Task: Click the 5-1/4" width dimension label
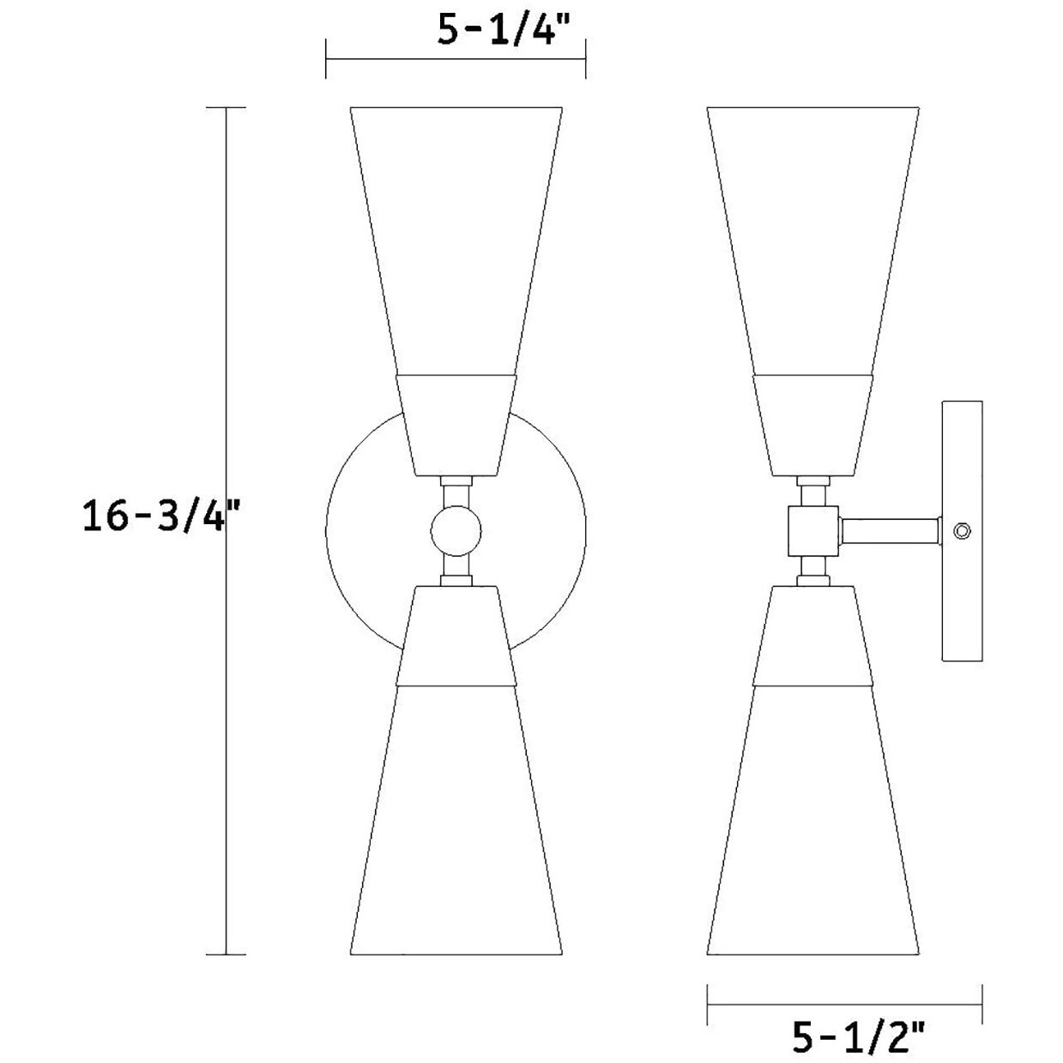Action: coord(504,30)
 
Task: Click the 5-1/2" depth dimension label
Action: coord(858,1040)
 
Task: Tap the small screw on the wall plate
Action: coord(963,532)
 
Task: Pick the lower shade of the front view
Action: coord(456,815)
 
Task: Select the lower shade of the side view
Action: coord(812,815)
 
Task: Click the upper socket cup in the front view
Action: coord(456,425)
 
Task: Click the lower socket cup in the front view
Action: coord(456,635)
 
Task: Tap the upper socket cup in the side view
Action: coord(812,425)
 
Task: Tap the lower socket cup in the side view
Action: coord(812,635)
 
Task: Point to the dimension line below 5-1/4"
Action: coord(455,59)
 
